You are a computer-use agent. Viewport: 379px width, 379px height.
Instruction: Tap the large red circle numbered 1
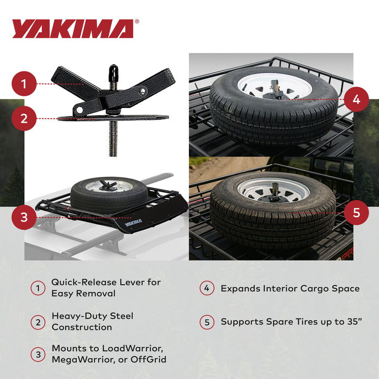click(x=24, y=84)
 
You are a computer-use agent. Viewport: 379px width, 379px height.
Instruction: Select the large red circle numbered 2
click(x=24, y=118)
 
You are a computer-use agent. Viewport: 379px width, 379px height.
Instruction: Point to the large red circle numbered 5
click(x=356, y=212)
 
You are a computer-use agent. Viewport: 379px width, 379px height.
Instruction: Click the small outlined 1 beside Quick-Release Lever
click(x=38, y=288)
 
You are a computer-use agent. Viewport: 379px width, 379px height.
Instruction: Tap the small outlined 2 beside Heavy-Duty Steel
click(x=38, y=322)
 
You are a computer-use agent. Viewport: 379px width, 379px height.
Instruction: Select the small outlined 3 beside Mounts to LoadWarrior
click(x=38, y=354)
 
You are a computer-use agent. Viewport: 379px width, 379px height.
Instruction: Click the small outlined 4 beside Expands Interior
click(x=207, y=288)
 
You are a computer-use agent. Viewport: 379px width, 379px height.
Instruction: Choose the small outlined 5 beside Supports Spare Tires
click(x=207, y=322)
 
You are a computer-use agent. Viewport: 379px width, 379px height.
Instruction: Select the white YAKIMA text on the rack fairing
click(x=133, y=223)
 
